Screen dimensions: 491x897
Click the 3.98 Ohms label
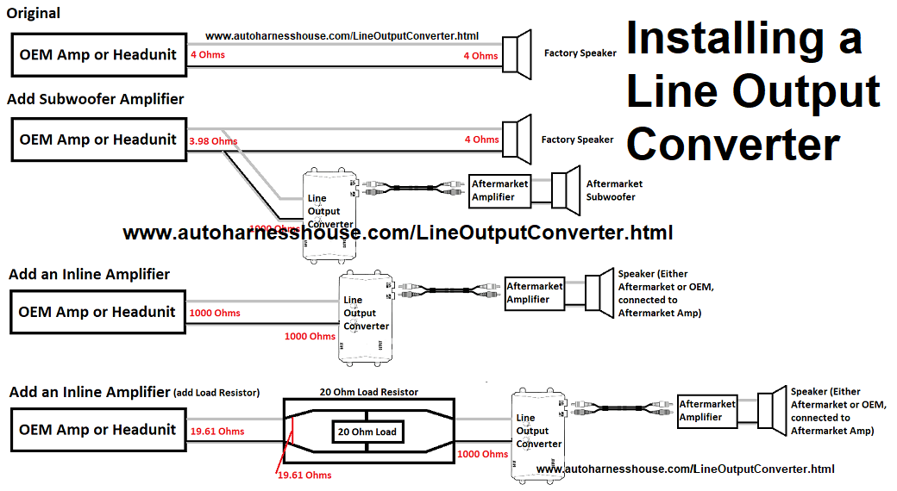(x=212, y=140)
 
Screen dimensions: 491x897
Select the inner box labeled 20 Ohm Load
(x=368, y=432)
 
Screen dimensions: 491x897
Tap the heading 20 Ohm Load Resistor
(x=368, y=392)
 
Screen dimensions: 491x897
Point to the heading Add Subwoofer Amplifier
(x=96, y=99)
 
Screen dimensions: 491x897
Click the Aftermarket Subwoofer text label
(x=614, y=190)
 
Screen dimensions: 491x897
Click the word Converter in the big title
(x=733, y=144)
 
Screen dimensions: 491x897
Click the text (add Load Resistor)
(x=216, y=393)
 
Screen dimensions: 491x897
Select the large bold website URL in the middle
(x=398, y=233)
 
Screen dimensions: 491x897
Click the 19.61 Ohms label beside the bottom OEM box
(x=217, y=432)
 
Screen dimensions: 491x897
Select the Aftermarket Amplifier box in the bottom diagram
(x=707, y=411)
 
